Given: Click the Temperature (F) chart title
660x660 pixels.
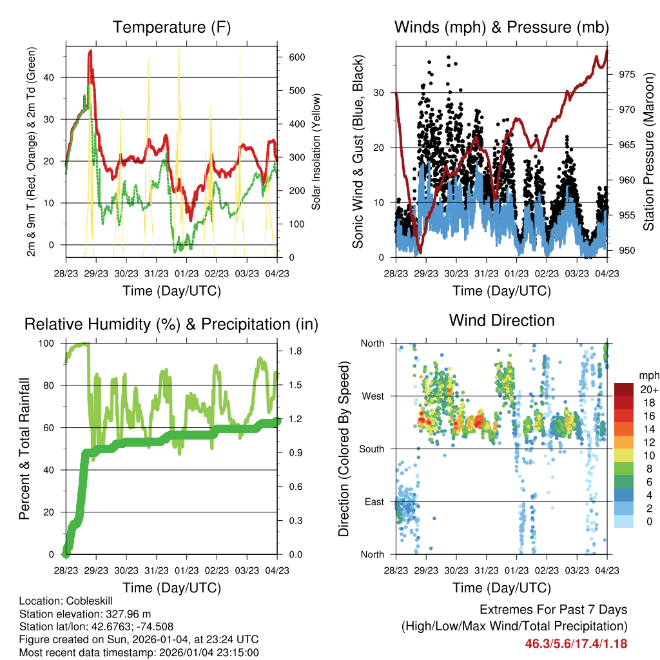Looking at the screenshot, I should pyautogui.click(x=171, y=28).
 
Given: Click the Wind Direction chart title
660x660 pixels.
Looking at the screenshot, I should pyautogui.click(x=501, y=320).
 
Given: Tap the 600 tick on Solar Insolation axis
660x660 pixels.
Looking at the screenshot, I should pyautogui.click(x=296, y=57).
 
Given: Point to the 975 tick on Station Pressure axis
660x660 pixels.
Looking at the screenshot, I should pyautogui.click(x=626, y=75).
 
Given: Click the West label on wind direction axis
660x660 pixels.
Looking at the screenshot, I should pyautogui.click(x=372, y=396).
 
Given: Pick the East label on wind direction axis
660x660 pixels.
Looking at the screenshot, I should pyautogui.click(x=373, y=501).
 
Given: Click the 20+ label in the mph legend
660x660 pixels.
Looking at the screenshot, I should pyautogui.click(x=648, y=389).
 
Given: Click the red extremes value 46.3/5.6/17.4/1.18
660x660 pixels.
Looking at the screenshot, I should pyautogui.click(x=576, y=643).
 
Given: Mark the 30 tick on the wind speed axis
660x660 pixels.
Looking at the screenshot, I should pyautogui.click(x=380, y=93).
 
